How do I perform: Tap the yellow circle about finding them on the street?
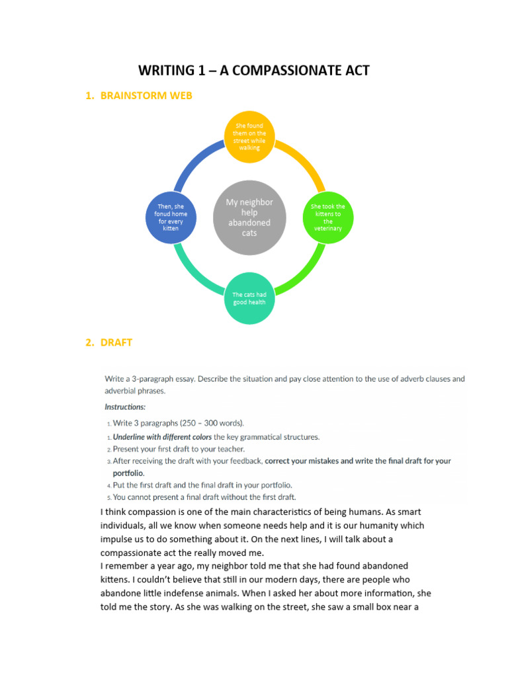(249, 137)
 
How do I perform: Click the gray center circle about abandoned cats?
(249, 218)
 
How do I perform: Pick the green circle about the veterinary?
(328, 217)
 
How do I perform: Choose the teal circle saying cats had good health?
(249, 298)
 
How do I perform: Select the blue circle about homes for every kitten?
(171, 217)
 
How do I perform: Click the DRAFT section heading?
(116, 342)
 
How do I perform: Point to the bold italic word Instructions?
(125, 407)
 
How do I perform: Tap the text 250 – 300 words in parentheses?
(209, 422)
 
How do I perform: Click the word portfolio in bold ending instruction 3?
(127, 473)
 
